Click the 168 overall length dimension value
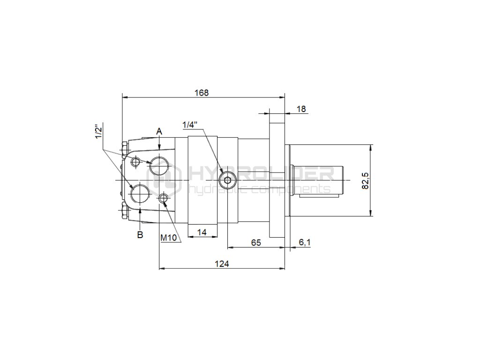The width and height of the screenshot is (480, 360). tap(202, 92)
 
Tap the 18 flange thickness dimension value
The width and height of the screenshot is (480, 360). tap(301, 109)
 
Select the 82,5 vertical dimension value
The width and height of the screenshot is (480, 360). tap(366, 180)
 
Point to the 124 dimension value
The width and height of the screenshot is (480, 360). tap(222, 263)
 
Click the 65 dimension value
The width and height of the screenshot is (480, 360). tap(256, 242)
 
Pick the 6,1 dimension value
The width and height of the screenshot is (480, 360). tap(305, 242)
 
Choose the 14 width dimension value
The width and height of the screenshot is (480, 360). tap(202, 232)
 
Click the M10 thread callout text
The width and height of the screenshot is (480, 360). tap(169, 238)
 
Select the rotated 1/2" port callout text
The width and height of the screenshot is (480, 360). tap(98, 131)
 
